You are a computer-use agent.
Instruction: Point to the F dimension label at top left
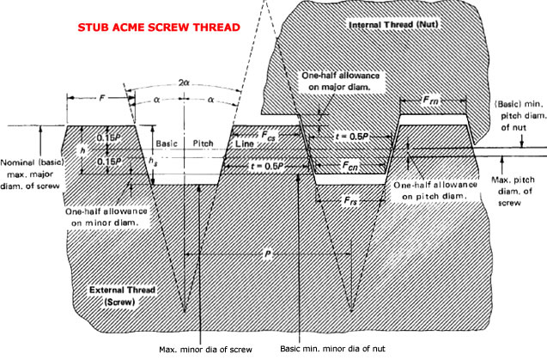coord(102,100)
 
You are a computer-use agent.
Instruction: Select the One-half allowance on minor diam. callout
coord(102,216)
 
